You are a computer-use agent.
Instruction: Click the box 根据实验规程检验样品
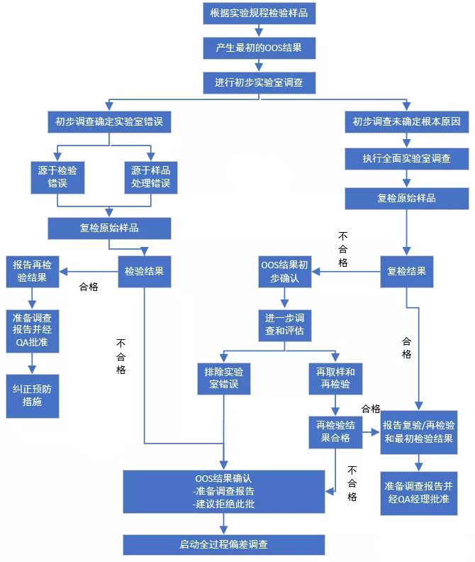click(259, 13)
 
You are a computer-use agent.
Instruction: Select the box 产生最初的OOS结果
click(259, 48)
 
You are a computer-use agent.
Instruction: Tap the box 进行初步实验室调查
click(259, 83)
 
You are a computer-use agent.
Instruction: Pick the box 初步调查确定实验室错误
click(109, 122)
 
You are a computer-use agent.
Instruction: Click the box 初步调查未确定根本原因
click(407, 122)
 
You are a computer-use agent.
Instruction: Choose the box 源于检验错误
click(57, 177)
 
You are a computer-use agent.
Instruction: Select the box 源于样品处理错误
click(150, 177)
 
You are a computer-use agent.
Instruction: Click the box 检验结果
click(144, 271)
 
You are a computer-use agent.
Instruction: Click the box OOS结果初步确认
click(285, 271)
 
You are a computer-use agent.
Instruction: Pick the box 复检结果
click(407, 271)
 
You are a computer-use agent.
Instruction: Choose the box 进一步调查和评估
click(285, 325)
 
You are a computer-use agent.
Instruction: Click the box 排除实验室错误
click(224, 378)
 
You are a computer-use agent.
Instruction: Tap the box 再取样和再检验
click(335, 378)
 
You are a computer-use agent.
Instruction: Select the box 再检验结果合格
click(335, 431)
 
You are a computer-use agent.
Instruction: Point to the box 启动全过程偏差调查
click(224, 544)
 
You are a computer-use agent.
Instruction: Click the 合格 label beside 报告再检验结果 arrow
click(89, 287)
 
